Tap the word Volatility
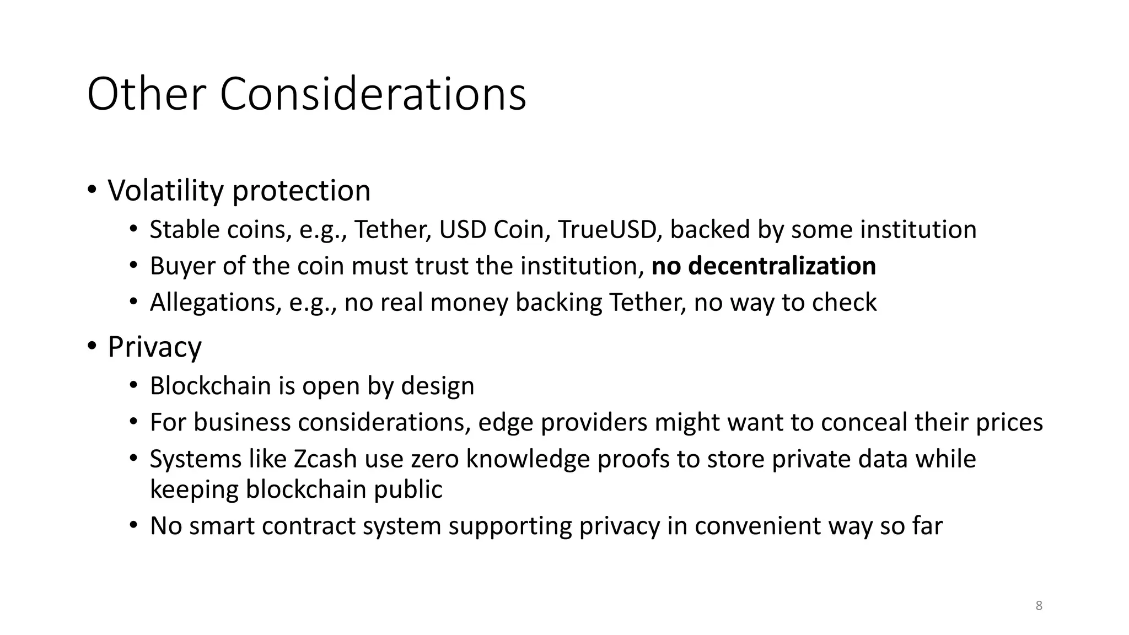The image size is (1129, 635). [166, 191]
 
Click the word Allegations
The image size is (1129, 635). [216, 303]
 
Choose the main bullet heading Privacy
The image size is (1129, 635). [155, 347]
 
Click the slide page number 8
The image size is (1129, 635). [1039, 606]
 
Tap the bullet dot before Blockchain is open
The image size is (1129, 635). [133, 385]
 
